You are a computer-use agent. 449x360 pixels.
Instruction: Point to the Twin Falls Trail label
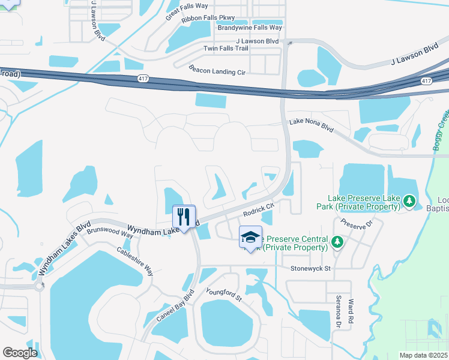[226, 49]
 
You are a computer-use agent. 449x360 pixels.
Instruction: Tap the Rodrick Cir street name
[258, 209]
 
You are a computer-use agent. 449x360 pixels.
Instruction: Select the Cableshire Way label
[135, 262]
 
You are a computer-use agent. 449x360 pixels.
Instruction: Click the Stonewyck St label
[311, 269]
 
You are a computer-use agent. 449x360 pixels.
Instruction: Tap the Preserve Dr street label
[357, 223]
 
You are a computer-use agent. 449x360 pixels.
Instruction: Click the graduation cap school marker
[250, 237]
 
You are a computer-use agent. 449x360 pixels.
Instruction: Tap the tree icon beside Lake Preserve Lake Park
[409, 201]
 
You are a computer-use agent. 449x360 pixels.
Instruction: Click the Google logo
[20, 352]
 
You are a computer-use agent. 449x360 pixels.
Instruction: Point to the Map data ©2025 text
[424, 355]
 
